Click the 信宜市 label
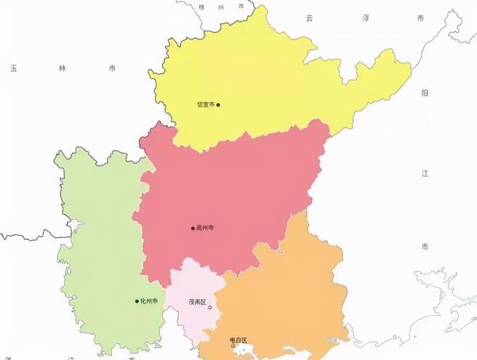205,104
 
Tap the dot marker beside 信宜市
218,104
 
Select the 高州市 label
205,228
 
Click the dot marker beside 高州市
193,229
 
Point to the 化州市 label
149,301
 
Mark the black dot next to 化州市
137,301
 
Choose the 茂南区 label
197,301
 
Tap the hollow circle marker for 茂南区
210,307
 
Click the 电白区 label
239,340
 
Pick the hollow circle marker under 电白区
233,346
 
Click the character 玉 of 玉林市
13,68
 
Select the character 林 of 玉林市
62,68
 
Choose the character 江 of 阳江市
425,174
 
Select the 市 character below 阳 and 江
425,247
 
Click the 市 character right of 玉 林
112,68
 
